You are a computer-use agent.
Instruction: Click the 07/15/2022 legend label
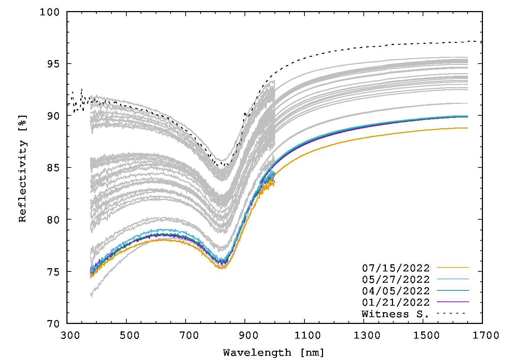point(395,268)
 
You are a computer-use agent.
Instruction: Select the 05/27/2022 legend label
point(395,279)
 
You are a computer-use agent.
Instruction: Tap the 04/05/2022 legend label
point(395,291)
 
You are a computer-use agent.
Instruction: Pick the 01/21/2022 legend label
point(395,302)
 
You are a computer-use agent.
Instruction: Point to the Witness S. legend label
point(395,314)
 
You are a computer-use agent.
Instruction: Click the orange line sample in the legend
point(453,267)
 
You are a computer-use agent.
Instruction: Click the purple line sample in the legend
point(453,302)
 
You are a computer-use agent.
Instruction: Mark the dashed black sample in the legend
point(453,313)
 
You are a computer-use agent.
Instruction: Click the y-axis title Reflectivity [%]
point(22,168)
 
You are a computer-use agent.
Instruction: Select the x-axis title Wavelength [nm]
point(274,353)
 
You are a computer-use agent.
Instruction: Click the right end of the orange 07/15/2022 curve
point(467,128)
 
